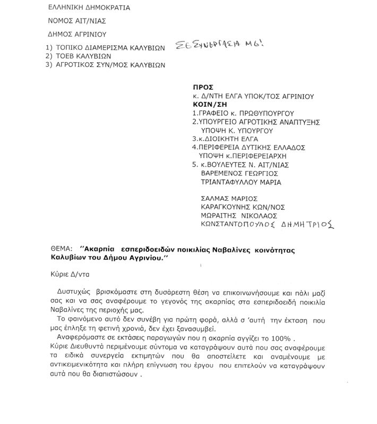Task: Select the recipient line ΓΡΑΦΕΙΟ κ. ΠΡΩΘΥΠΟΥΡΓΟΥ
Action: (x=243, y=113)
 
